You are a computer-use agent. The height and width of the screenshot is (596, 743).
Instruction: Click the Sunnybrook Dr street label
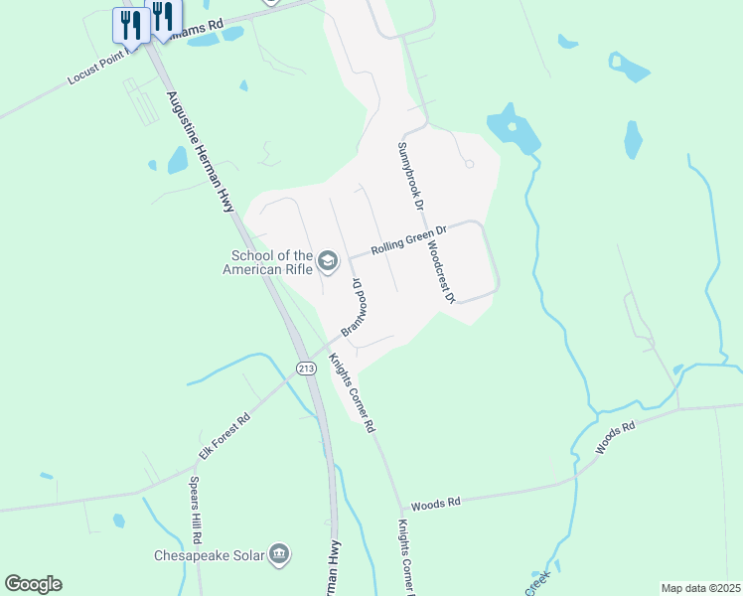click(x=410, y=175)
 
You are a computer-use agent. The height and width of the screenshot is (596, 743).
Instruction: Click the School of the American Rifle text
click(x=267, y=260)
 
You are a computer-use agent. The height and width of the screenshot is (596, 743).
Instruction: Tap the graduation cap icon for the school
click(x=328, y=262)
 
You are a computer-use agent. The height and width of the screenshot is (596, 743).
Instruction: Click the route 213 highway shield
click(x=306, y=369)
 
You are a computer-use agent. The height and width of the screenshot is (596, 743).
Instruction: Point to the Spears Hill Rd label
click(x=196, y=510)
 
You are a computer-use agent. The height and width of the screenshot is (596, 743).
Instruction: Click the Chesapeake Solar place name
click(x=210, y=555)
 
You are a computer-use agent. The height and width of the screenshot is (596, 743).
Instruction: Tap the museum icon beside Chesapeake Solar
click(x=280, y=553)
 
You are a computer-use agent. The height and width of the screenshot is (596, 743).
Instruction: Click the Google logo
click(x=33, y=584)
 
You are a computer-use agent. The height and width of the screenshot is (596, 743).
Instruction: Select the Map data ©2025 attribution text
click(x=701, y=588)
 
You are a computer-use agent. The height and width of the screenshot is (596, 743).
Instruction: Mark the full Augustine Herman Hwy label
click(x=202, y=149)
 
